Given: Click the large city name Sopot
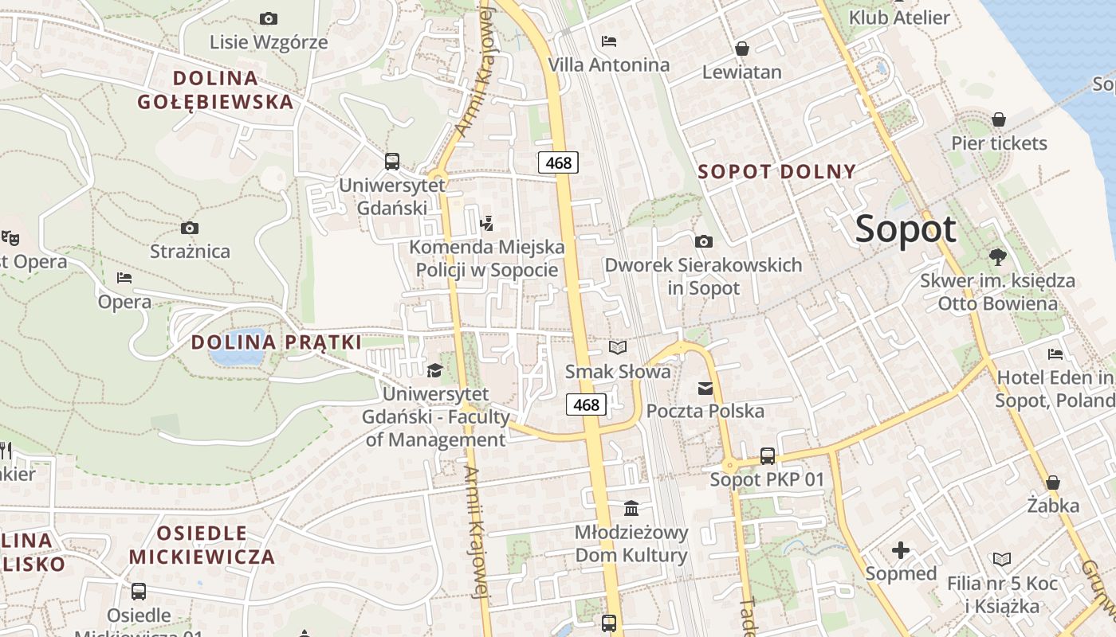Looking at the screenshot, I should (x=906, y=229).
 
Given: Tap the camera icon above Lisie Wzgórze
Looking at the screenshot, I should (x=269, y=18).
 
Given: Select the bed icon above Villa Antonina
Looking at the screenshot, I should (x=609, y=41).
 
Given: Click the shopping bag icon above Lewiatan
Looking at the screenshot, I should (x=742, y=49).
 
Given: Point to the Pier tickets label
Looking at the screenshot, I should (x=999, y=143).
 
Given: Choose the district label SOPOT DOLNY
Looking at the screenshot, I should (x=776, y=171).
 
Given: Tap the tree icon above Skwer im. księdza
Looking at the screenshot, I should (x=997, y=256).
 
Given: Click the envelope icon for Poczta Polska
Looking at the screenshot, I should (x=705, y=389).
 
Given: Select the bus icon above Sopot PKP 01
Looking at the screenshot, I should (x=767, y=456).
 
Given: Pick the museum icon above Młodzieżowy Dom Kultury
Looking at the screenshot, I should (x=631, y=507).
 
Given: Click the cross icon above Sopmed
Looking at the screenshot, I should (x=901, y=549).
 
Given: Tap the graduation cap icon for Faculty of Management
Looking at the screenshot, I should (x=434, y=370).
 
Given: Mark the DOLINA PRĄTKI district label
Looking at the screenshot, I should (x=276, y=342).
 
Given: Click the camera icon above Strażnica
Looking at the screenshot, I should (x=189, y=228).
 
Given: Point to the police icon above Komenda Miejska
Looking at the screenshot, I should (x=487, y=223).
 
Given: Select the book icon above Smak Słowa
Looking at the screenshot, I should (x=618, y=347).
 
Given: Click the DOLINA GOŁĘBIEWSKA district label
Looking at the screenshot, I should (x=215, y=90).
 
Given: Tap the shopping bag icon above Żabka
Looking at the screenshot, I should (x=1053, y=483).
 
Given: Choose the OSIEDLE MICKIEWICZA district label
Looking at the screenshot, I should (x=202, y=545).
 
